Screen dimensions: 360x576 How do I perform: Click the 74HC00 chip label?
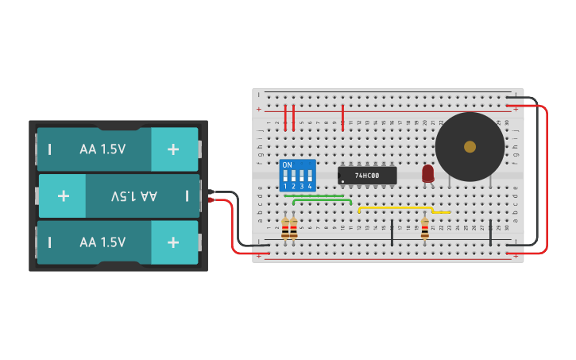[x=367, y=176]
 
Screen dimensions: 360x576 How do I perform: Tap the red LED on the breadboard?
[x=427, y=173]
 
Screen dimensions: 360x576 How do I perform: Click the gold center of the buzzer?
[x=470, y=146]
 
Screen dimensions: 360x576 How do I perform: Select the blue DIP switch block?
[x=298, y=175]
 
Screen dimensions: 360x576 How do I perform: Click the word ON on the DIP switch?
[x=287, y=165]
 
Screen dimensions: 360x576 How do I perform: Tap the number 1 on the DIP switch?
[x=285, y=186]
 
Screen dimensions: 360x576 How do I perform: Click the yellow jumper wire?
[x=397, y=207]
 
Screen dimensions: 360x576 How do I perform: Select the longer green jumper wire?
[x=323, y=200]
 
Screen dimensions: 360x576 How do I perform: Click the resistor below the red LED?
[x=424, y=230]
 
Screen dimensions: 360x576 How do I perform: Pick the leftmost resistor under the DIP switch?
[x=285, y=230]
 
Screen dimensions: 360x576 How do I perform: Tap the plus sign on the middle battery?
[x=63, y=195]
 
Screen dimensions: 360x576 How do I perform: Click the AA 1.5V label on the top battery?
[x=102, y=149]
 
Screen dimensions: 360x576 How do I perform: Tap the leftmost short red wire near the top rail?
[x=285, y=118]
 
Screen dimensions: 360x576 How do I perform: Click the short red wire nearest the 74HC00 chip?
[x=342, y=116]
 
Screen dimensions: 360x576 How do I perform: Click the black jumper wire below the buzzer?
[x=490, y=231]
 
